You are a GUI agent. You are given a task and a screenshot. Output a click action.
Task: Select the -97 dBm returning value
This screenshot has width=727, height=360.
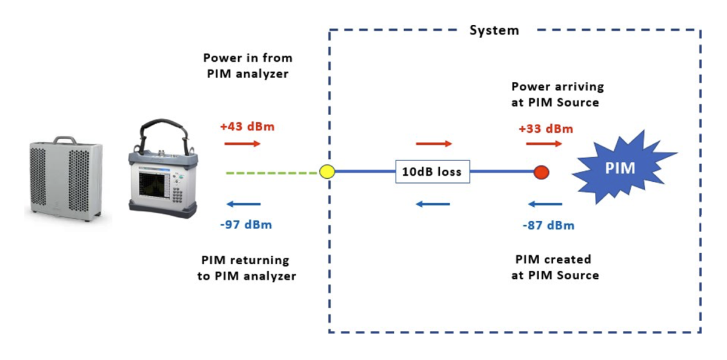(245, 225)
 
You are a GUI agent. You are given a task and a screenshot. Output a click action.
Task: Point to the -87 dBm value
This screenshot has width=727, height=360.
(548, 225)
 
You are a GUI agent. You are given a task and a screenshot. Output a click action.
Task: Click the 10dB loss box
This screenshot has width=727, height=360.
(433, 172)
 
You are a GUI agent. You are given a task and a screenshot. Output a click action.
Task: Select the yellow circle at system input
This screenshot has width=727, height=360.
(327, 172)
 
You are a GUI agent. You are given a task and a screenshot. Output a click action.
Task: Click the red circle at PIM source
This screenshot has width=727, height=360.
(541, 172)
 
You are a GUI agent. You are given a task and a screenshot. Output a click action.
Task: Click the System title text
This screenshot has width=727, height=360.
(494, 30)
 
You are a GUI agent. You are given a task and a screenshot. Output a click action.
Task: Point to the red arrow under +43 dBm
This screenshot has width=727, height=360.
(243, 144)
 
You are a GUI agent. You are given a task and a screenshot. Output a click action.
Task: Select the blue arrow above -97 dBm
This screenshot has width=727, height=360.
(242, 204)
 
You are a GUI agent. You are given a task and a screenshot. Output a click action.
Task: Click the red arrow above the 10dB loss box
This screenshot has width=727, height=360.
(434, 144)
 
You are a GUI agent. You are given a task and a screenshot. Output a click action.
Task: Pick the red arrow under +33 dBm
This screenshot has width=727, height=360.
(544, 144)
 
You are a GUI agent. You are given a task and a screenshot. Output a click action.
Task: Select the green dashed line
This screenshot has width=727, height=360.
(273, 173)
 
